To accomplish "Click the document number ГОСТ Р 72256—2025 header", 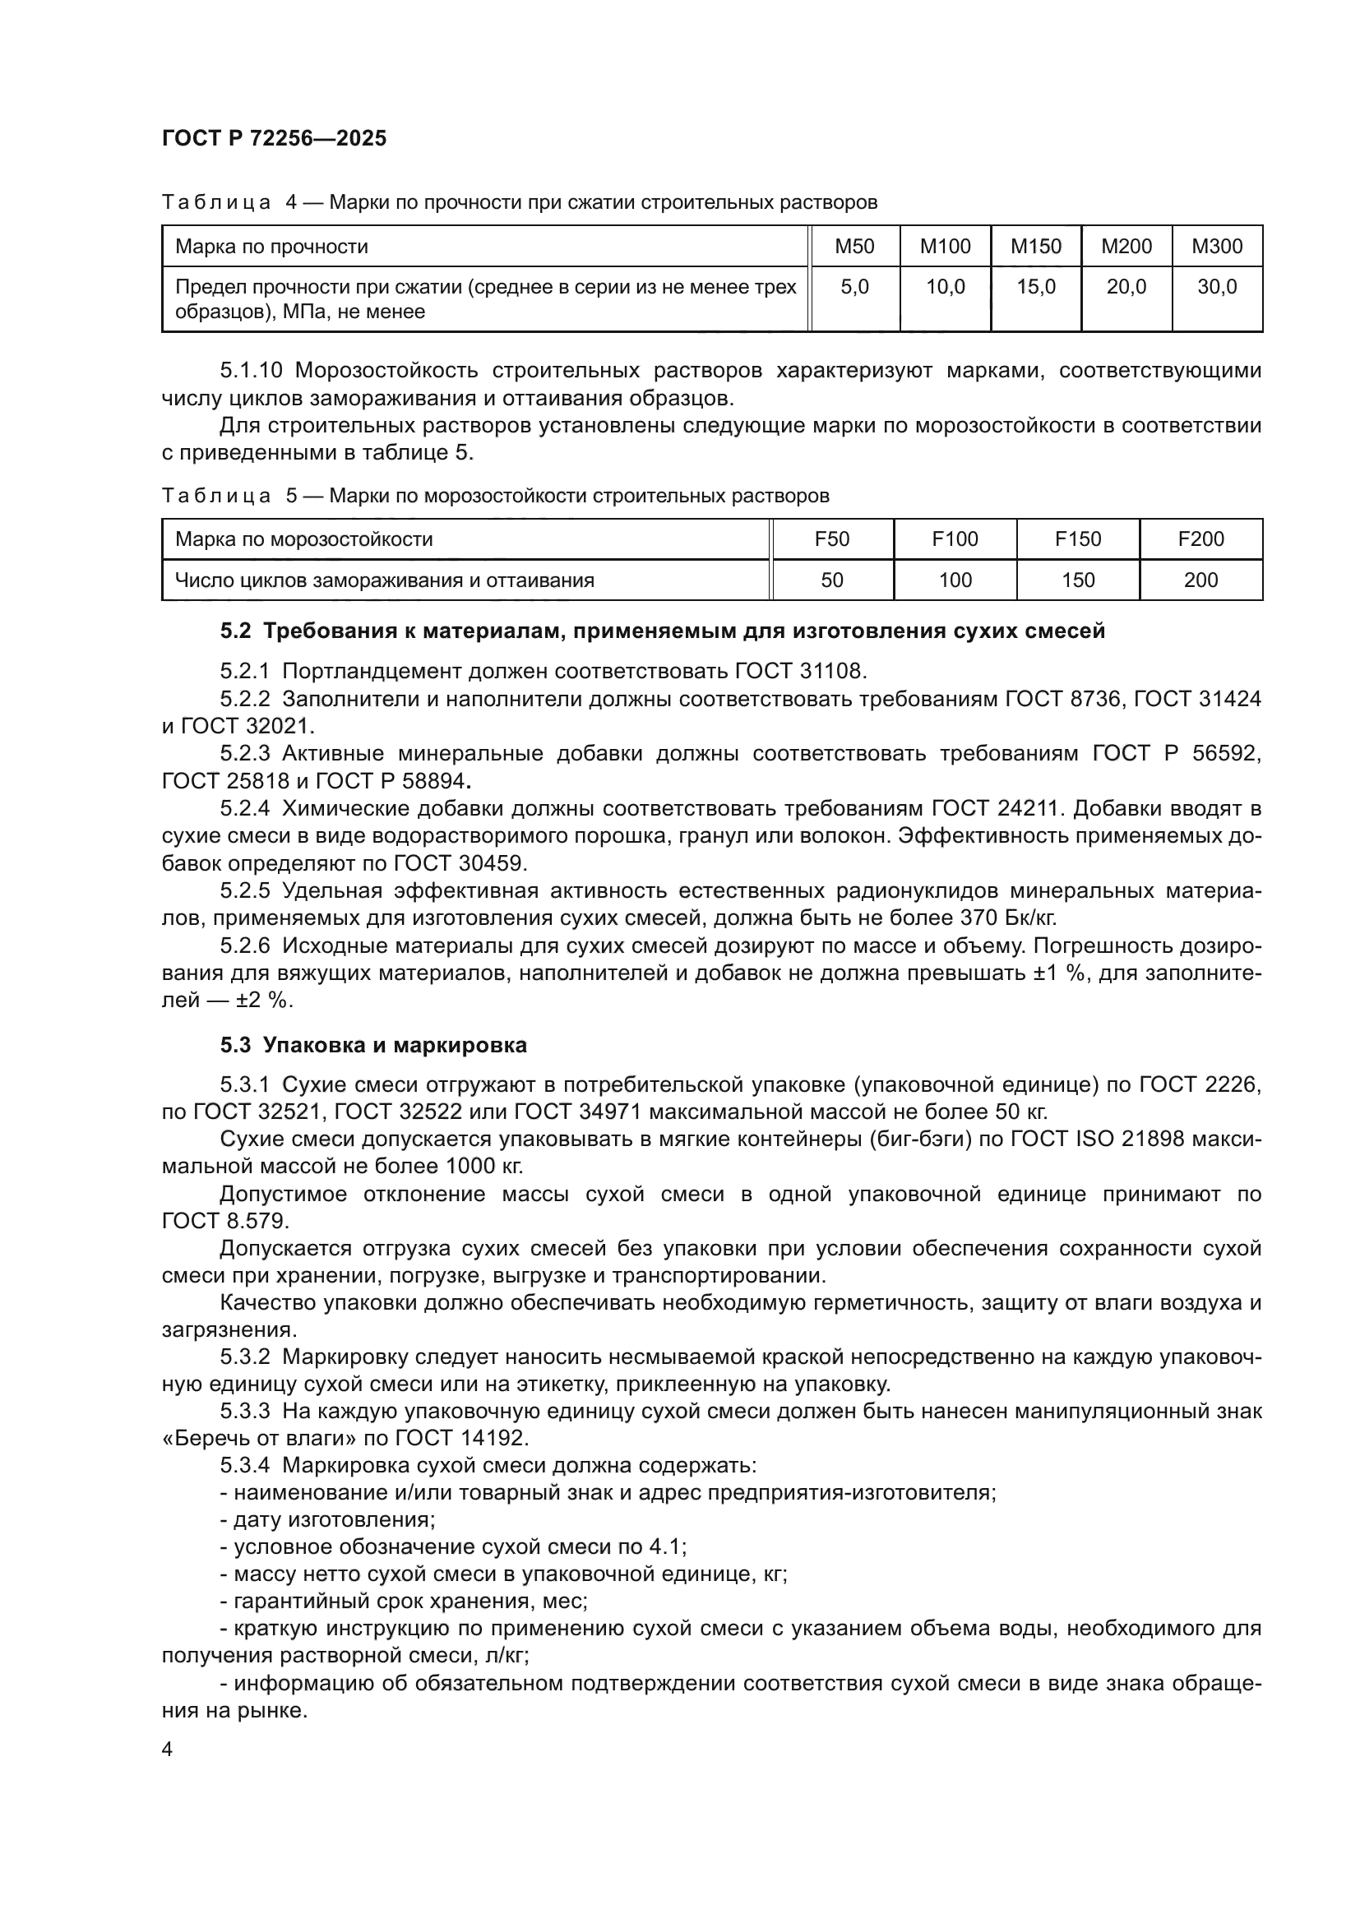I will coord(274,138).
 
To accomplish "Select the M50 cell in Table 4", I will coord(854,247).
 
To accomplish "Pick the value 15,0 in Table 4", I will coord(1035,287).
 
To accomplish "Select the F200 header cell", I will coord(1200,539).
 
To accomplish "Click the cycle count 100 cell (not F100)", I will coord(955,580).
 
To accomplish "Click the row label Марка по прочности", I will coord(271,247).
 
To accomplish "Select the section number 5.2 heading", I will coord(235,631).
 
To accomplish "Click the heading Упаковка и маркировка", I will coord(395,1044).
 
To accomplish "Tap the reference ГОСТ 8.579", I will coord(225,1220).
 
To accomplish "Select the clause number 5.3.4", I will coord(244,1465).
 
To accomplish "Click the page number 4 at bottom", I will coord(167,1749).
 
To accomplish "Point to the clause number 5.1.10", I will coord(251,370).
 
